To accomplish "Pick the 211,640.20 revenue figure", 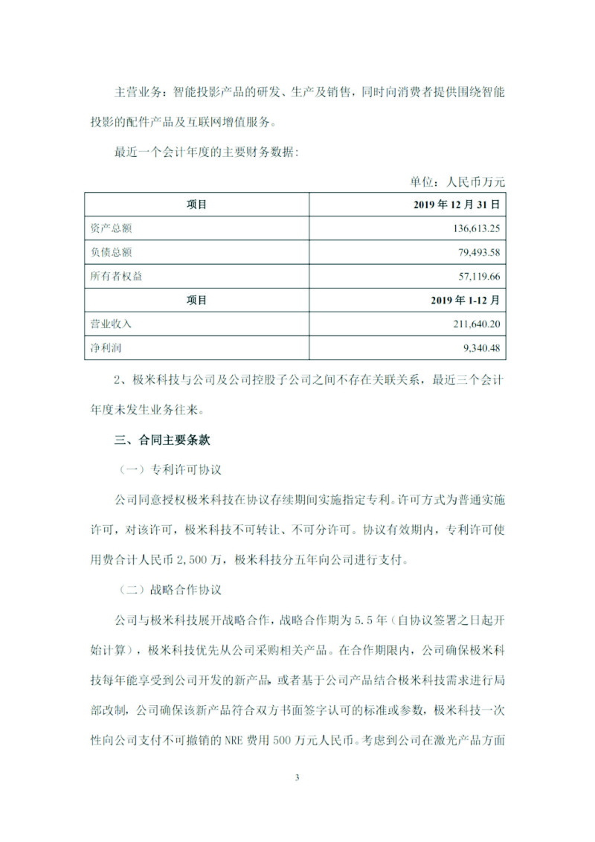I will click(469, 324).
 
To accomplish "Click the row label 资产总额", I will click(111, 228).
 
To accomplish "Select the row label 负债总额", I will click(111, 252).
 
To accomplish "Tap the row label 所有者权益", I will click(116, 276).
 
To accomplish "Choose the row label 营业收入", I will click(111, 324).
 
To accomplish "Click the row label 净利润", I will click(106, 348).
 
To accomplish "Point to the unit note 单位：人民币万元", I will click(457, 180).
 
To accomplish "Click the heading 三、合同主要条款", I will click(162, 440).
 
